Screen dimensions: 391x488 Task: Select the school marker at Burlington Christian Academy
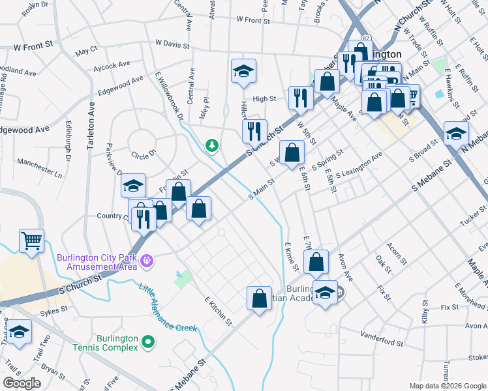(x=325, y=293)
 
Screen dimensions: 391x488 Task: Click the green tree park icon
(x=212, y=147)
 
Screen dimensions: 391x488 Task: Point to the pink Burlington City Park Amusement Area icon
(x=148, y=261)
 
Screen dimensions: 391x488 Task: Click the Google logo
(x=21, y=383)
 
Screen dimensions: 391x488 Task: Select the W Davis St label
(x=172, y=44)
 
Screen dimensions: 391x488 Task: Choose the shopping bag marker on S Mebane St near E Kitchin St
(x=259, y=299)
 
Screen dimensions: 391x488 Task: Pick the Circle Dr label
(x=144, y=155)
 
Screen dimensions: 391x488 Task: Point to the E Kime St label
(x=292, y=257)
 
